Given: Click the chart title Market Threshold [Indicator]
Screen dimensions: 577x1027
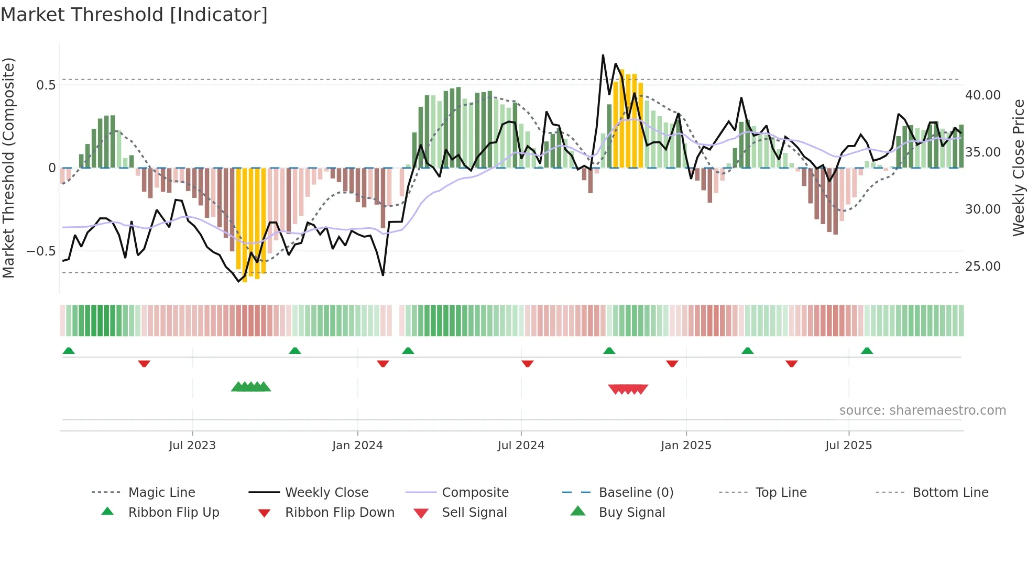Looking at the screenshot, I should [134, 15].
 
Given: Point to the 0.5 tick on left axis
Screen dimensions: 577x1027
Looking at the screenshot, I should [46, 85].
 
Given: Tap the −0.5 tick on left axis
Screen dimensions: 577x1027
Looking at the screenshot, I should [41, 251].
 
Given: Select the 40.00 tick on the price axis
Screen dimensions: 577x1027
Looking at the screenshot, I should [982, 95].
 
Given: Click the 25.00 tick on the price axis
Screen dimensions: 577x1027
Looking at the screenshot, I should [982, 267].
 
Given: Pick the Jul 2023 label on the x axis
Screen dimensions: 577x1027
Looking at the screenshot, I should [192, 446].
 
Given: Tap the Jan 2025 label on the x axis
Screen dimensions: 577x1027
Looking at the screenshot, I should [686, 446].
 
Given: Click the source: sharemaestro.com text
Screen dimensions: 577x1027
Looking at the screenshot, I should [922, 410].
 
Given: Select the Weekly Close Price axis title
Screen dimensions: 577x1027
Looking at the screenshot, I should [1018, 168].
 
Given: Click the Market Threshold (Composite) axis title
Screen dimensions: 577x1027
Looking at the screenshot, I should [8, 168].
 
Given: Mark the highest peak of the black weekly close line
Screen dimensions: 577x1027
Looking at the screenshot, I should [603, 55].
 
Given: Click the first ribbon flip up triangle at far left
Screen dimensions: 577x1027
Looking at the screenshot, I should [69, 351].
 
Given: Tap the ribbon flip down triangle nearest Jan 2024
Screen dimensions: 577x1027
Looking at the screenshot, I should [383, 363].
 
